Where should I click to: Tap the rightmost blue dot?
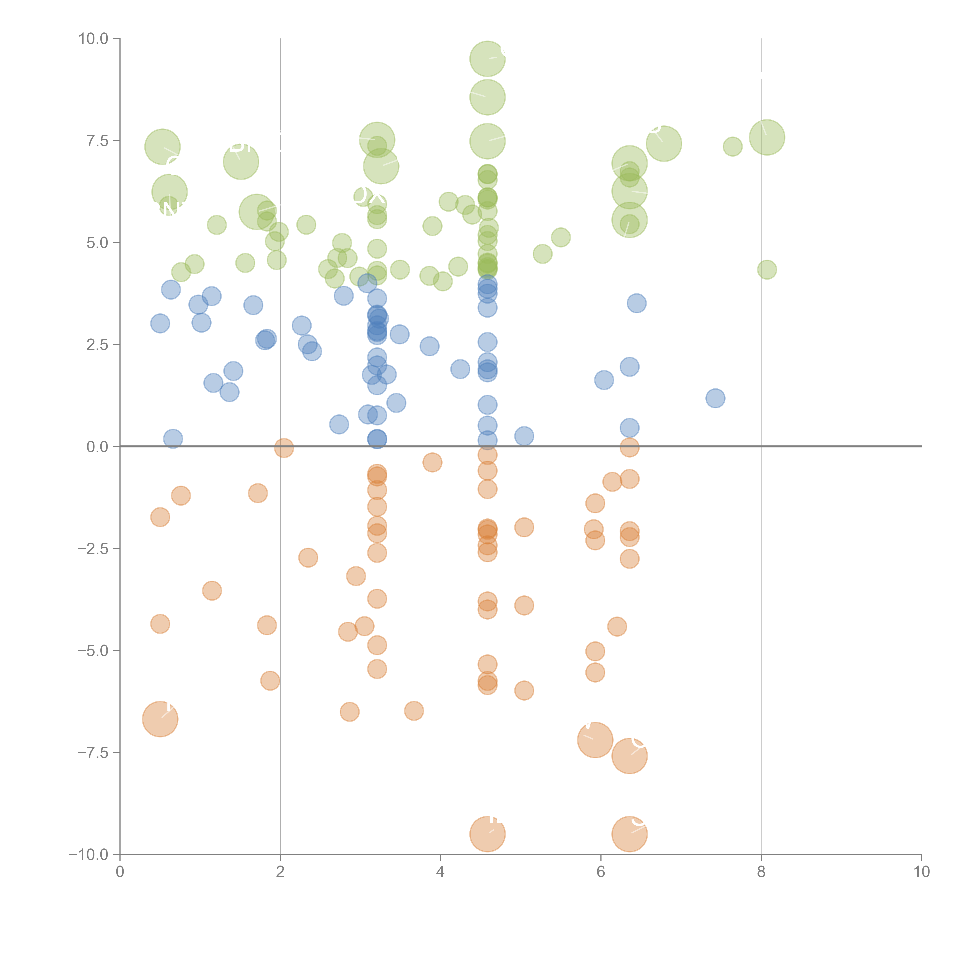[x=715, y=398]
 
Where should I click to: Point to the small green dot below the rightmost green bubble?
[x=767, y=270]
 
